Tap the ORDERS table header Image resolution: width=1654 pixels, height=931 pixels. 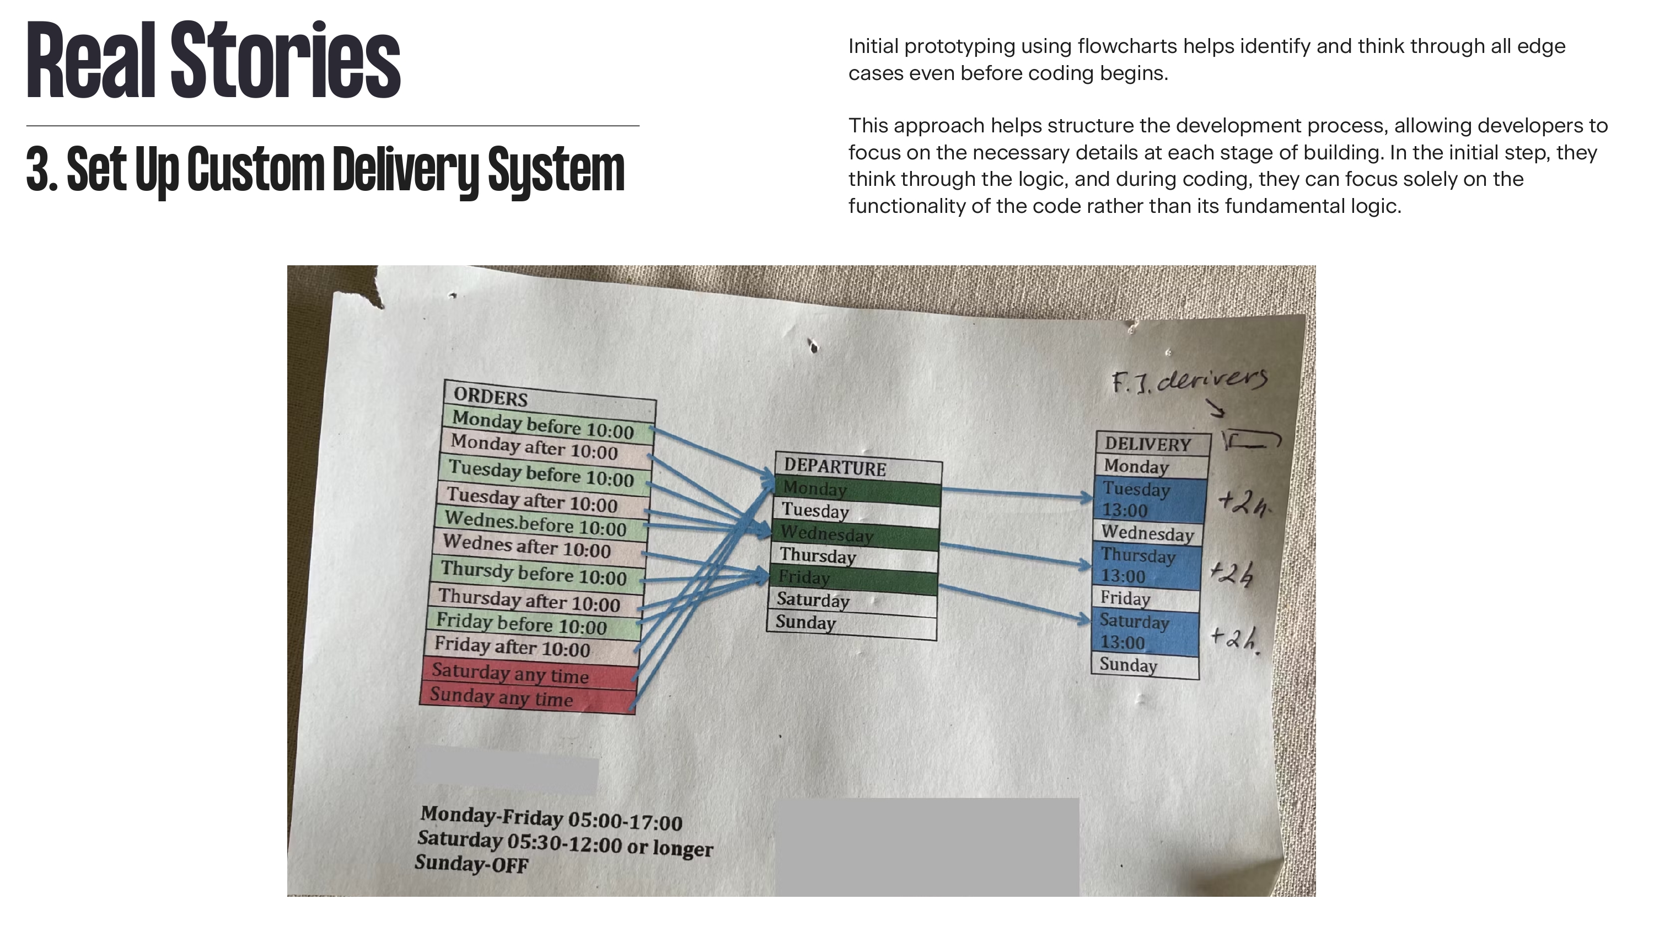(x=491, y=397)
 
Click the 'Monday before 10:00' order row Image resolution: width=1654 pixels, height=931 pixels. (x=543, y=425)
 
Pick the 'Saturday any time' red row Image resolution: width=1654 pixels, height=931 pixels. (x=510, y=673)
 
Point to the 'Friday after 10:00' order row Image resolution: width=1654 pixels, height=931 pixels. (x=512, y=646)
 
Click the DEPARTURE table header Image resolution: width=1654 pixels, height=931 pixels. (x=834, y=467)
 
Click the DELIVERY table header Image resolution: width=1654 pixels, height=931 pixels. (x=1147, y=444)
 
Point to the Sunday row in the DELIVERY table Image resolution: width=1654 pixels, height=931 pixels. (x=1128, y=665)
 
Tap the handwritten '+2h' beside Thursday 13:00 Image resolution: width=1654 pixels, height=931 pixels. (x=1232, y=574)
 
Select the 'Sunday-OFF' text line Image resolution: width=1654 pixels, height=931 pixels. (x=471, y=864)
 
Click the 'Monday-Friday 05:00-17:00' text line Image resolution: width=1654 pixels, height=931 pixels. (x=551, y=818)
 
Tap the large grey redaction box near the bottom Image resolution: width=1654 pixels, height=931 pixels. (x=927, y=847)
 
